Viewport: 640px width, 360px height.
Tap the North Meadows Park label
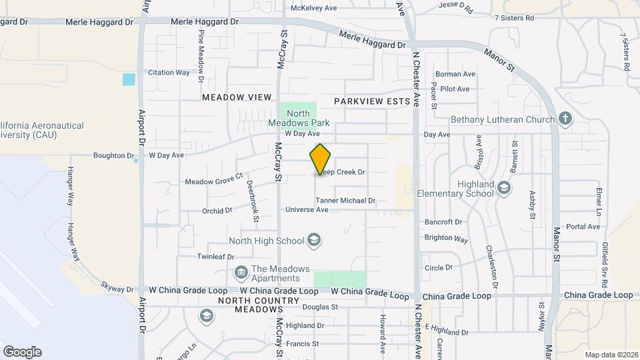point(299,118)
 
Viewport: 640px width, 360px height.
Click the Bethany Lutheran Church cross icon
point(565,119)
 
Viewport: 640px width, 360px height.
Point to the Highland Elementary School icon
point(505,189)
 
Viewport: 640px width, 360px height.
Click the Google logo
point(22,351)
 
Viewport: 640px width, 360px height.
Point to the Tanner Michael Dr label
point(345,200)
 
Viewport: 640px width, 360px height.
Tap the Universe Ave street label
point(307,209)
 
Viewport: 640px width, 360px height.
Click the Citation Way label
point(169,73)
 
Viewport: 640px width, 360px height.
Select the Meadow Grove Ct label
point(213,181)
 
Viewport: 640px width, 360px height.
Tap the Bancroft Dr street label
point(443,222)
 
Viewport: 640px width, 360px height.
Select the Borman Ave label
point(455,74)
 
